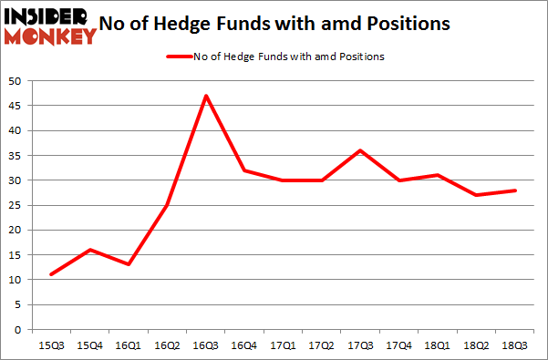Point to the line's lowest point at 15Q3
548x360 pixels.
(x=50, y=274)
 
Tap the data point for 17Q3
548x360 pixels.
(x=361, y=150)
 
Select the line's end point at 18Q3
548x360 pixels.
(x=517, y=190)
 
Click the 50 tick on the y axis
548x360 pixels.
(x=16, y=80)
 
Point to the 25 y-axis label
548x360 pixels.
(x=16, y=205)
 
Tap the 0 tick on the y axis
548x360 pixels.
(x=18, y=330)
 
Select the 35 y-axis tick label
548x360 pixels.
(x=16, y=155)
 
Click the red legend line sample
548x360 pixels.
(x=178, y=57)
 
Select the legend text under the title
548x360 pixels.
(x=288, y=57)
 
